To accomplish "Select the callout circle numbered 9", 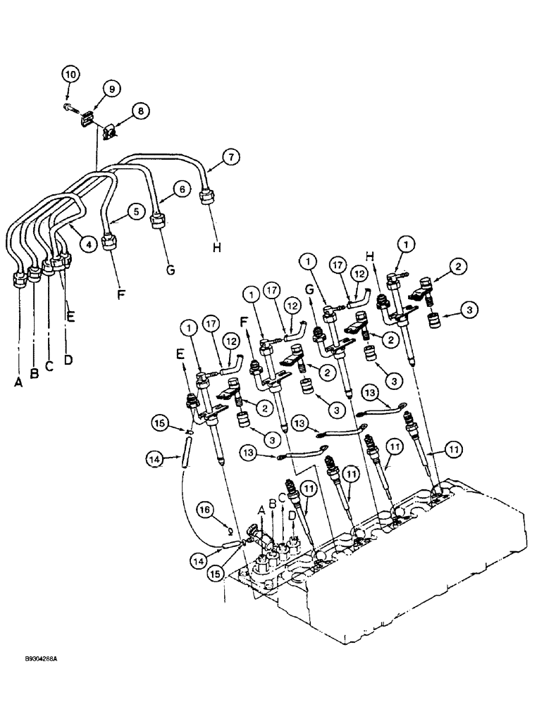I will [x=111, y=89].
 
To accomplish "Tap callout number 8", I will [x=140, y=111].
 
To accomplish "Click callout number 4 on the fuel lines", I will [x=88, y=244].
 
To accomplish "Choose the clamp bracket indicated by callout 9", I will [x=89, y=118].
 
